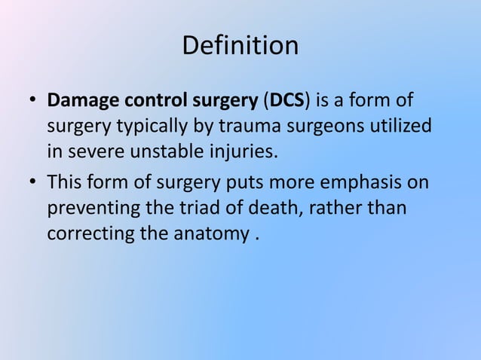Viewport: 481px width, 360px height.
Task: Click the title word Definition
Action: [x=240, y=46]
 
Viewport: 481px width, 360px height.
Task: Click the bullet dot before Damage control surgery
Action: [x=32, y=101]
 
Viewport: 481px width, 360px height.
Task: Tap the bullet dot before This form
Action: [x=32, y=183]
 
